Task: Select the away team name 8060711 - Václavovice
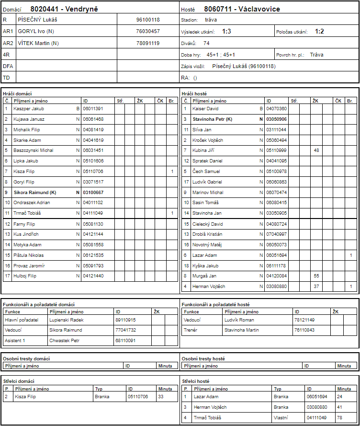tap(242, 9)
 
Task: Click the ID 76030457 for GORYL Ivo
tap(148, 31)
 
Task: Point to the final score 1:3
tap(226, 31)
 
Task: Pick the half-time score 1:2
tap(319, 31)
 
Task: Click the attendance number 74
tap(206, 43)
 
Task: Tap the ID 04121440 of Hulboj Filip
tap(93, 276)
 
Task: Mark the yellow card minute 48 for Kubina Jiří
tap(316, 150)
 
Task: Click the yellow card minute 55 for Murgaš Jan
tap(316, 276)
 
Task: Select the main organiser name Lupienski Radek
tap(67, 320)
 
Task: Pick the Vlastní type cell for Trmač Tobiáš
tap(281, 417)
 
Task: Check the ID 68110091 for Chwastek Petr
tap(125, 341)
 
